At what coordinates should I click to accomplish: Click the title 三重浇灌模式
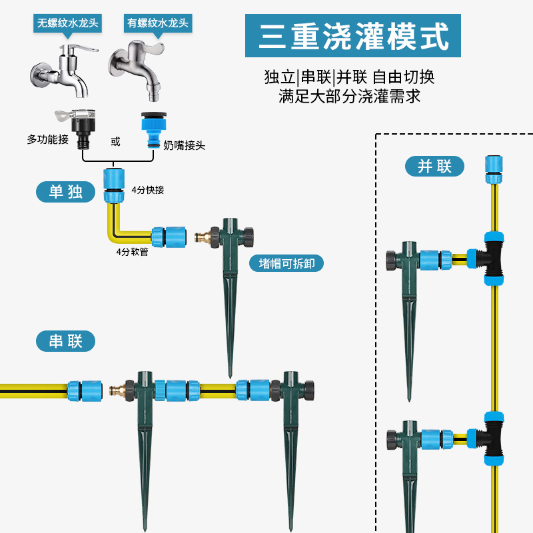click(353, 37)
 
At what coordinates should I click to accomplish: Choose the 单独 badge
click(65, 192)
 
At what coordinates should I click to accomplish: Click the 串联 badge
click(65, 342)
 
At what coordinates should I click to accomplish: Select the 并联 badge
click(434, 166)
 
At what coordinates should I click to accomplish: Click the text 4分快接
click(148, 190)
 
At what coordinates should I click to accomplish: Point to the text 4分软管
click(132, 252)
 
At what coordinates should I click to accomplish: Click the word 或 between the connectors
click(115, 141)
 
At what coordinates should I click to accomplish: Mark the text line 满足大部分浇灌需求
click(350, 96)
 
